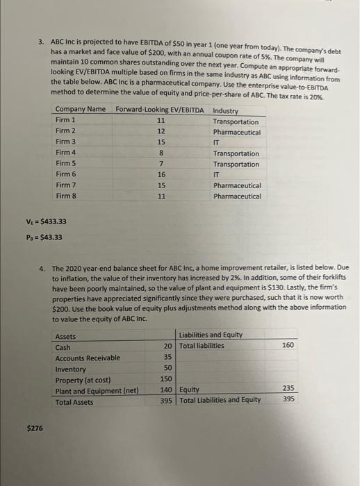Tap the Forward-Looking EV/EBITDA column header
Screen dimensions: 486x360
tap(160, 110)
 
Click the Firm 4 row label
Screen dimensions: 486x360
tap(66, 153)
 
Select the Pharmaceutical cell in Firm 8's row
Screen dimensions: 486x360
tap(237, 196)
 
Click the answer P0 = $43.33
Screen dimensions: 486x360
tap(44, 237)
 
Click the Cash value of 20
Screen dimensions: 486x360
tap(167, 346)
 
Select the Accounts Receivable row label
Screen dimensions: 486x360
tap(87, 358)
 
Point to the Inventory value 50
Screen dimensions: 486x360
tap(167, 369)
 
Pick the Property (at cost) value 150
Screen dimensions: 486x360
tap(166, 379)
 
